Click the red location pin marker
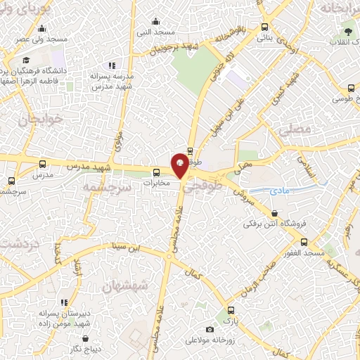click(x=180, y=165)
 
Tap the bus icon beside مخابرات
click(x=156, y=172)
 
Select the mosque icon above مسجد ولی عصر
click(x=41, y=29)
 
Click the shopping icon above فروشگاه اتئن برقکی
click(x=274, y=213)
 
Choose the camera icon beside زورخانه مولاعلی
click(x=210, y=329)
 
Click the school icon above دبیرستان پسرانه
click(x=64, y=302)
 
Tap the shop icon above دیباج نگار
click(x=86, y=337)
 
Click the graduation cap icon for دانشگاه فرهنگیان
click(x=26, y=60)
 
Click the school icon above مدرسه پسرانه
click(x=112, y=65)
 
